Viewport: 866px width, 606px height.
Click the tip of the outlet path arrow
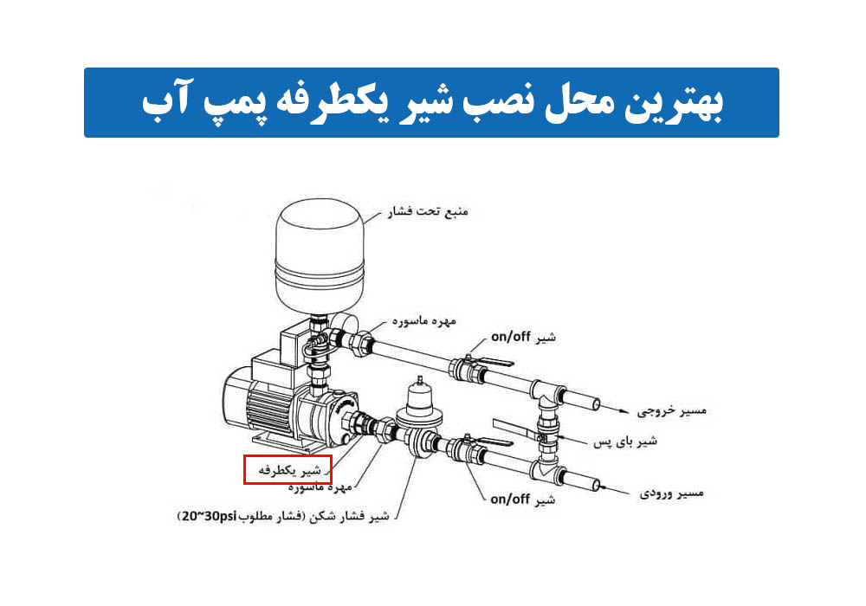630,412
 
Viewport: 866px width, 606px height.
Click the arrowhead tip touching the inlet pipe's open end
598,487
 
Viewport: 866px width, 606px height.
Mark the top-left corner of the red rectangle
244,455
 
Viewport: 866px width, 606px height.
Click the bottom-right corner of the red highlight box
332,484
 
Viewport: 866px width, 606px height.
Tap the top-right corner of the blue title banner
779,68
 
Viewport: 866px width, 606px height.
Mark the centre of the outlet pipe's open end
596,404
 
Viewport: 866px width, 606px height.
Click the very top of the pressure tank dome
320,199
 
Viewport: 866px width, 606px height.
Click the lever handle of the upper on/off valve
494,362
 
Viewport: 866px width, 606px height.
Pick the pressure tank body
320,257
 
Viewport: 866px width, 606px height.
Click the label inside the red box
289,470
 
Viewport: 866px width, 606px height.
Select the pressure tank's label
427,212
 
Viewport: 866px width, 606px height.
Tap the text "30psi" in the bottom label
221,517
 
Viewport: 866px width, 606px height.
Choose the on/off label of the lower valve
522,500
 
